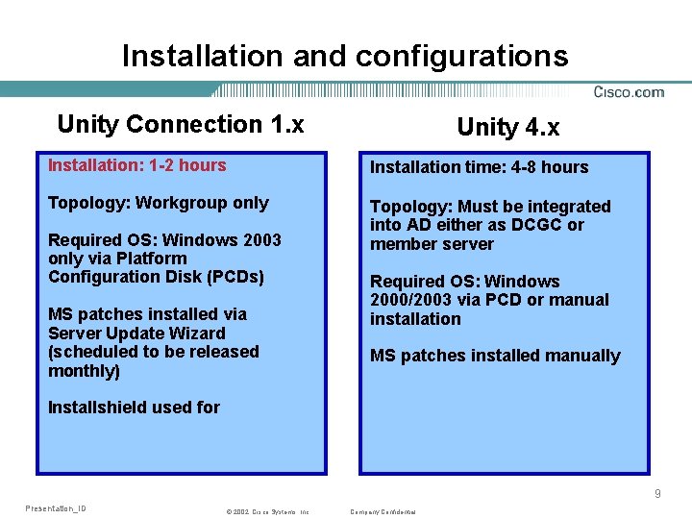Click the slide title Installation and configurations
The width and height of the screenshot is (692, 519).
345,56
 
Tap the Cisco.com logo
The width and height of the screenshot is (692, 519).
629,92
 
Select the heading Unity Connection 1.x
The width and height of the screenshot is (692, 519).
181,124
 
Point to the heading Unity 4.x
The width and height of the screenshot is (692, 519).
508,127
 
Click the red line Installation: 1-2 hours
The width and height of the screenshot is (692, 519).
137,165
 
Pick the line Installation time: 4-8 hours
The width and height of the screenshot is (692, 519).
480,167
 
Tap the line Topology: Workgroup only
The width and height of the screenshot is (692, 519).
159,203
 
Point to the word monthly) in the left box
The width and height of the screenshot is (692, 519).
84,371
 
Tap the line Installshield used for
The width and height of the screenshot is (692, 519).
134,408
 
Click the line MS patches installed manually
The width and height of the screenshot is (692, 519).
495,356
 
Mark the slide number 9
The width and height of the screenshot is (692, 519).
657,493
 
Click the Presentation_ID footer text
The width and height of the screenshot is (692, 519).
56,507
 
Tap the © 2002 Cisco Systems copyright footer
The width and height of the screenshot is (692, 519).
267,512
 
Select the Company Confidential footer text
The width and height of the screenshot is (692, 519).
383,512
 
